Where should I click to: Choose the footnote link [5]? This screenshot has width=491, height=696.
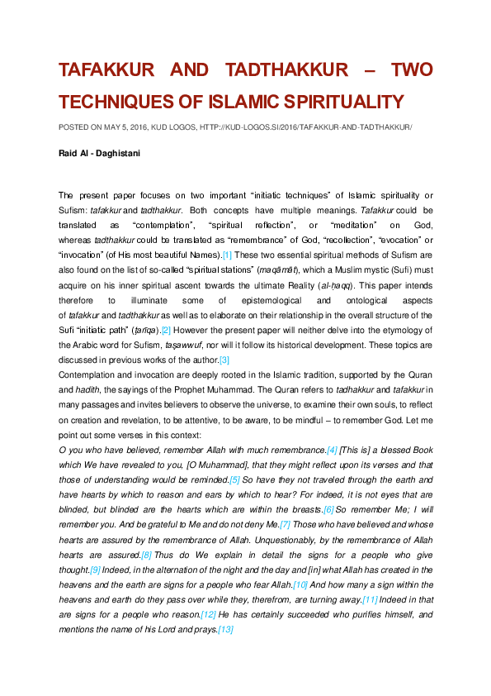(234, 479)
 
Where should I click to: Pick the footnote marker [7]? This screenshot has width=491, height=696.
(286, 524)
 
